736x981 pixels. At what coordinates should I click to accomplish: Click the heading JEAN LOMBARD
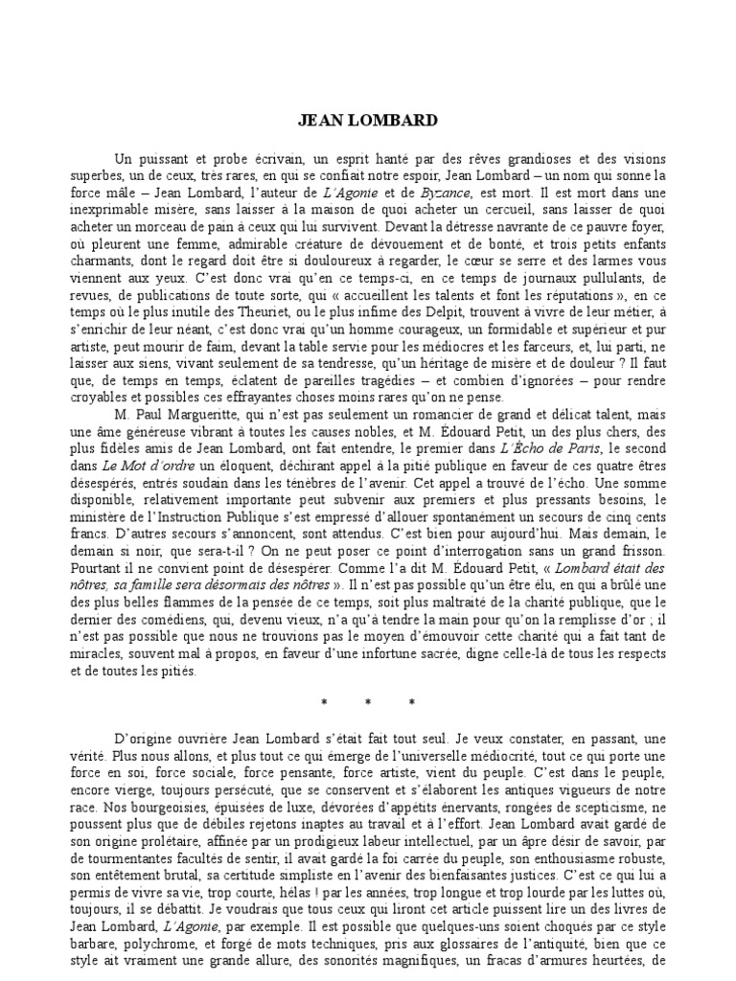[368, 121]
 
